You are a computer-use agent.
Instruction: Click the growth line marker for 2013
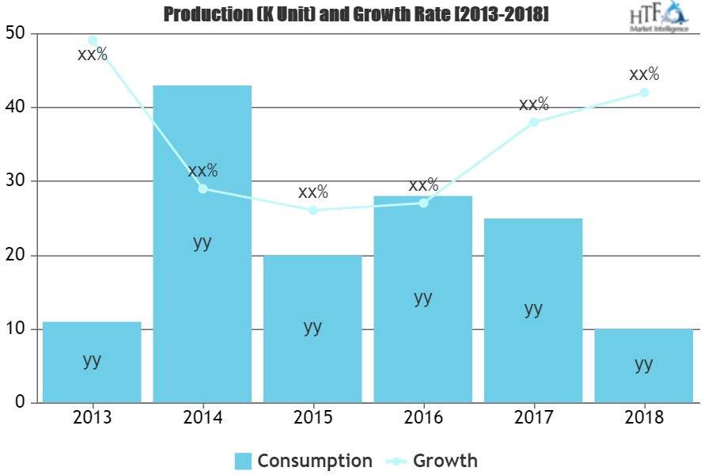92,40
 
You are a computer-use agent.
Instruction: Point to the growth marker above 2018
644,93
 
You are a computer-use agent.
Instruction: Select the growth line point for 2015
313,210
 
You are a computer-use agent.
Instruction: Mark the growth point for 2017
534,122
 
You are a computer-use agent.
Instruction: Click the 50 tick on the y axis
15,33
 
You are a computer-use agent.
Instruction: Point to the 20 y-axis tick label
15,255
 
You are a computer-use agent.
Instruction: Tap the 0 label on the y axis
20,403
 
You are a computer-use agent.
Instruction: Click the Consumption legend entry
303,461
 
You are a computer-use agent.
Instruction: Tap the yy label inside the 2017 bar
534,308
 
